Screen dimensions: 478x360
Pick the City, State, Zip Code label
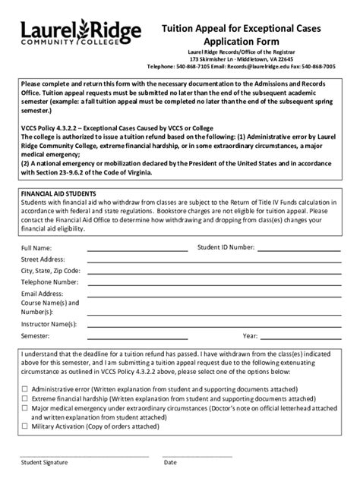pyautogui.click(x=50, y=270)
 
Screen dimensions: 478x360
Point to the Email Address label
pyautogui.click(x=42, y=293)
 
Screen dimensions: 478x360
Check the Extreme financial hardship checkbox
pyautogui.click(x=24, y=397)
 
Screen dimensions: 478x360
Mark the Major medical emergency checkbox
pyautogui.click(x=24, y=406)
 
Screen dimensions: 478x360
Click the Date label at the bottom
pyautogui.click(x=170, y=462)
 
